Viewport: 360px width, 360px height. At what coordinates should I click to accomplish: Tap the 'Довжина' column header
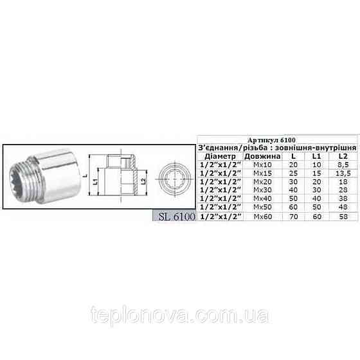click(x=261, y=156)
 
